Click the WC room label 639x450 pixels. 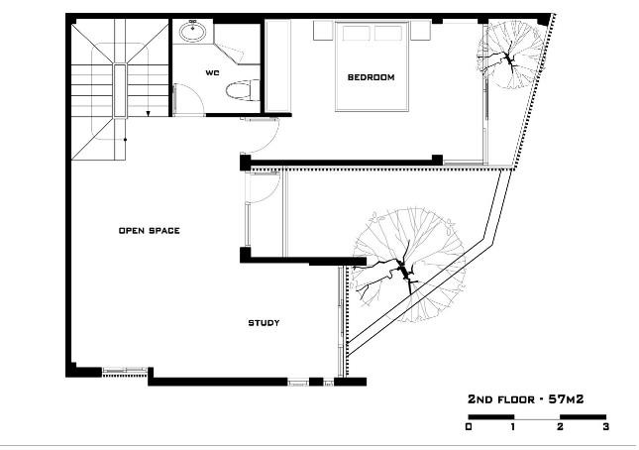coord(212,73)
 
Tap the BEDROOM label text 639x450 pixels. coord(371,77)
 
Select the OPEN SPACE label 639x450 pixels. coord(150,231)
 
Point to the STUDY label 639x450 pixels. coord(265,323)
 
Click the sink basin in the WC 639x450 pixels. coord(192,32)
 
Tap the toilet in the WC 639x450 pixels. coord(242,90)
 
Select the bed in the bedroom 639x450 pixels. coord(372,66)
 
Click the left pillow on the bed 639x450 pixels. coord(357,34)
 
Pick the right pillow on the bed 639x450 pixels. coord(388,34)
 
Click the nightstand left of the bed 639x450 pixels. coord(324,31)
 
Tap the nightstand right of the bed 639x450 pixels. coord(421,31)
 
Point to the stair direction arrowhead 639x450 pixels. coord(149,113)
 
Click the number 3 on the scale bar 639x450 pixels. coord(605,427)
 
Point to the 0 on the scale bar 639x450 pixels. coord(469,427)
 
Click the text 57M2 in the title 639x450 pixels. coord(566,399)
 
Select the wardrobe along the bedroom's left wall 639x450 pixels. coord(278,66)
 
